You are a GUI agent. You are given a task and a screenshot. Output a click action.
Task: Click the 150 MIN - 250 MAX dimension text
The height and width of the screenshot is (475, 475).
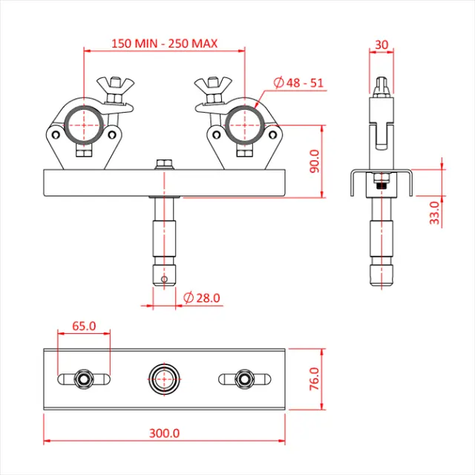(x=164, y=43)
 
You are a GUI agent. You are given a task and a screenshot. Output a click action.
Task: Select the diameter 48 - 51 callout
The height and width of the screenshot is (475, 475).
(x=298, y=82)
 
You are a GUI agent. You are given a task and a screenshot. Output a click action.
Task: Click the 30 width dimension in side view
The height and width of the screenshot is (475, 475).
(x=381, y=45)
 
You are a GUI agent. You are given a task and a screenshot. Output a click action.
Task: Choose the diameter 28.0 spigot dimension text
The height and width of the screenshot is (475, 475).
(x=201, y=298)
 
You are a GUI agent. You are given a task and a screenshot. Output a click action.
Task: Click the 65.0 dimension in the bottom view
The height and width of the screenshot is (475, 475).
(x=83, y=325)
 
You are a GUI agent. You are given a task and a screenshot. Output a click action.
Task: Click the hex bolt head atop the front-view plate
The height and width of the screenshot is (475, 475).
(x=163, y=163)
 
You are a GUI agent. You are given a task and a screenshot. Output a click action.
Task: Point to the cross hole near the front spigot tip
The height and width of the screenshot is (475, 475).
(x=164, y=280)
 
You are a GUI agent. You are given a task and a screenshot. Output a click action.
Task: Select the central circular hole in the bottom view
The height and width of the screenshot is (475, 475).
(x=164, y=378)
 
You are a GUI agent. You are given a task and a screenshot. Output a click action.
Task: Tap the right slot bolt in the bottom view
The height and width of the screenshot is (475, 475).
(x=243, y=379)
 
